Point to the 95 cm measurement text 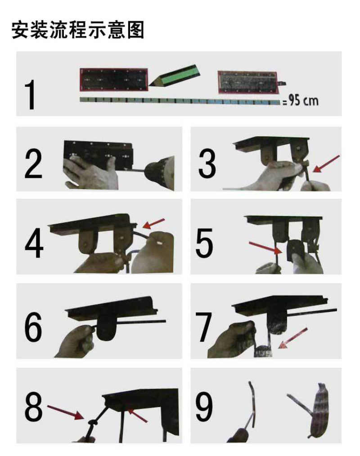click(301, 101)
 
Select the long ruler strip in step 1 click(180, 101)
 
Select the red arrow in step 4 click(154, 223)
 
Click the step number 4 click(34, 243)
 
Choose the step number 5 click(204, 243)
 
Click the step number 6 click(33, 327)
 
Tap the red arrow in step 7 click(292, 338)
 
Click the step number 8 click(34, 407)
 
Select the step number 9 click(204, 407)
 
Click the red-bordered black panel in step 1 click(114, 80)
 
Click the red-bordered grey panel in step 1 click(248, 82)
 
